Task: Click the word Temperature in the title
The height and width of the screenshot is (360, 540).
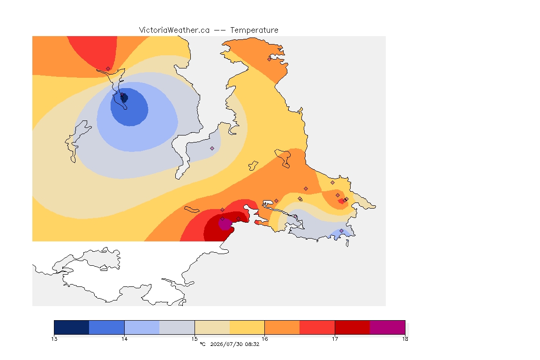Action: (x=254, y=30)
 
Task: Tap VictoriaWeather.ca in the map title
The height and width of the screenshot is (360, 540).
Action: (x=174, y=30)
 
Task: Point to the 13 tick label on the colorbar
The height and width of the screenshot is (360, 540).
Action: (x=54, y=339)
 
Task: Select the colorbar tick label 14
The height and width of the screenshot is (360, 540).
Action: (x=124, y=339)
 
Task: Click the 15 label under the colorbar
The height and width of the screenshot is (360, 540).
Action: (x=195, y=339)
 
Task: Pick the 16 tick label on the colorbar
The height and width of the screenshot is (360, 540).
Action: (x=264, y=339)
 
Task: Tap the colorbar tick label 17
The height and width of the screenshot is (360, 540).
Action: (x=335, y=339)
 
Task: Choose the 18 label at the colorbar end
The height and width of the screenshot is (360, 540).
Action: (x=405, y=339)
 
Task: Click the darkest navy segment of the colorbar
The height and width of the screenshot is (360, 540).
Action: (x=72, y=327)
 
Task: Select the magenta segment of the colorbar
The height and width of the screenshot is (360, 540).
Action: (x=388, y=327)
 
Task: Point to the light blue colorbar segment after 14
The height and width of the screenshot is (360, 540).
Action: (x=142, y=327)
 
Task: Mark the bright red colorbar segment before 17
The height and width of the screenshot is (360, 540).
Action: (x=317, y=327)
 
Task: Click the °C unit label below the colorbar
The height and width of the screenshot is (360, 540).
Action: (x=203, y=344)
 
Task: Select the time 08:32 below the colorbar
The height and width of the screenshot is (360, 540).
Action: (x=252, y=344)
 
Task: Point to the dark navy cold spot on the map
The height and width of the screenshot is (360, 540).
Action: (x=124, y=98)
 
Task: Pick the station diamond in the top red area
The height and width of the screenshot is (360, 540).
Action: (x=108, y=69)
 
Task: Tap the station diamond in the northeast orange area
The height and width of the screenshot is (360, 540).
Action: (x=270, y=59)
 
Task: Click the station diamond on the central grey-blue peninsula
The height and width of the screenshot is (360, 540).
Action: (x=212, y=149)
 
